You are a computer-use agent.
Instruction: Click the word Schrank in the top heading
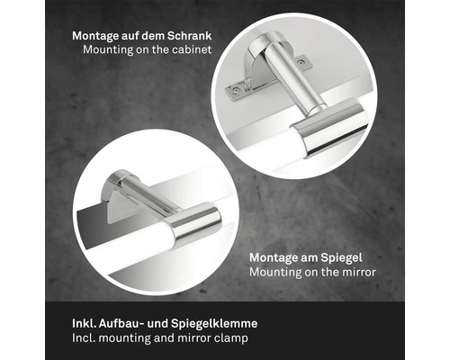click(x=190, y=36)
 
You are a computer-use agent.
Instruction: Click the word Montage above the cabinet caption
click(x=95, y=37)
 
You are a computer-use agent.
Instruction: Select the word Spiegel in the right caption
click(x=341, y=258)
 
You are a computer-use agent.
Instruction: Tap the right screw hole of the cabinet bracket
click(x=300, y=62)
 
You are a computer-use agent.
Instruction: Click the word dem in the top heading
click(x=153, y=36)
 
